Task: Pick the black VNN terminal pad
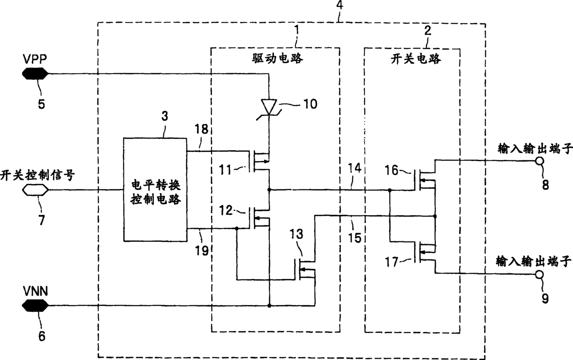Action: (x=35, y=305)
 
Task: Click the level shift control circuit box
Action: (x=154, y=189)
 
